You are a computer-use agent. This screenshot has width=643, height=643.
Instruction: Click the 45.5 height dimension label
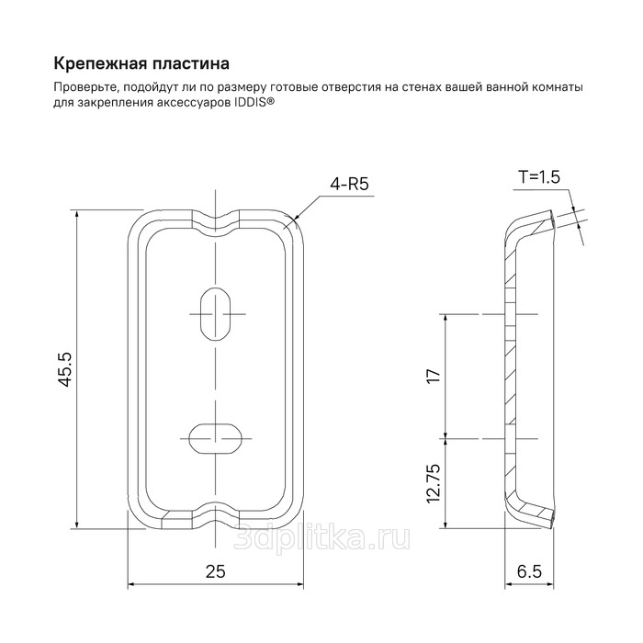[65, 369]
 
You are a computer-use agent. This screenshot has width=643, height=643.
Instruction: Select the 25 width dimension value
[216, 571]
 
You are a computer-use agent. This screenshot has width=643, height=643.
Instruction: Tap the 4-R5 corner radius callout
[349, 185]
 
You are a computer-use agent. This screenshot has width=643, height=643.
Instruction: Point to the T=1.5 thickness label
[539, 177]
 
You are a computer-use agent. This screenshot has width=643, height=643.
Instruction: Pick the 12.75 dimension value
[434, 483]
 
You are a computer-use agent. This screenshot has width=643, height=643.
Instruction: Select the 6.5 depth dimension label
[529, 571]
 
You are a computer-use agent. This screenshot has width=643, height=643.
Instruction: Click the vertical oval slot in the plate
[215, 314]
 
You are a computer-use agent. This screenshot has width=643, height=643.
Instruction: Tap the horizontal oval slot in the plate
[215, 438]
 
